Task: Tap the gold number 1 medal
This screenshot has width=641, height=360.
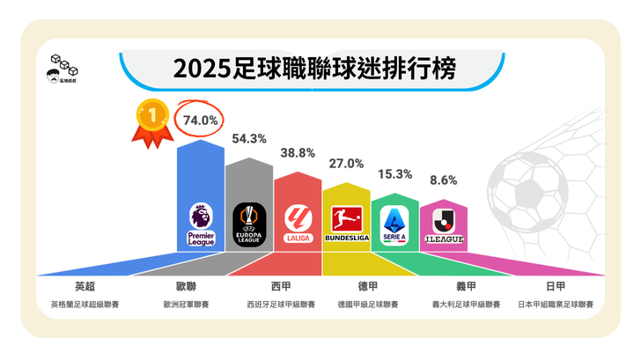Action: [x=152, y=119]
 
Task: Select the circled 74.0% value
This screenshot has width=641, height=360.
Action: [x=199, y=119]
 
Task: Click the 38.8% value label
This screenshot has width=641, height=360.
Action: [x=298, y=152]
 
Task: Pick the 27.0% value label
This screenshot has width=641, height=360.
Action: [x=346, y=164]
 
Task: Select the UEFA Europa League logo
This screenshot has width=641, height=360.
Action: [x=249, y=225]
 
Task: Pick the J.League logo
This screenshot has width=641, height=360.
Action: [x=443, y=227]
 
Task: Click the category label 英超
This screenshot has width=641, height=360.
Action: [x=85, y=286]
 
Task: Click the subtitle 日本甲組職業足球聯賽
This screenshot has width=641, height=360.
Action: [x=556, y=305]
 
